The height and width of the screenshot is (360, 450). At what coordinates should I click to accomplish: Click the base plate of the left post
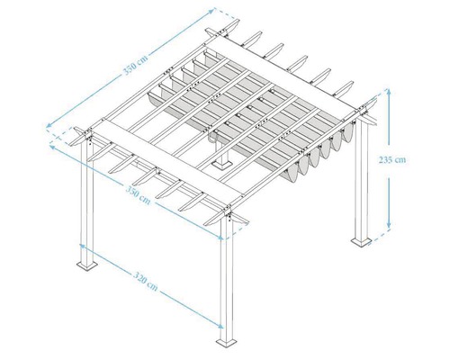89,264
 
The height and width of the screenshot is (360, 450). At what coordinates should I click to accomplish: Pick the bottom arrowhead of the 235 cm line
390,226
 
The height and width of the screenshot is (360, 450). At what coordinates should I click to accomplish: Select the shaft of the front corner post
228,279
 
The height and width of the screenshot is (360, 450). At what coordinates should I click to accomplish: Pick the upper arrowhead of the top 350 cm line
213,12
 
